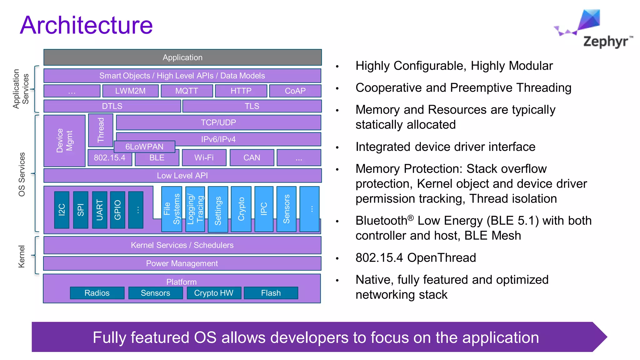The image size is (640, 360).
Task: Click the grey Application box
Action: (182, 57)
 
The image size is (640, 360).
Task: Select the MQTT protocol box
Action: (187, 91)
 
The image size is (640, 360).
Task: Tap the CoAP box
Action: (295, 91)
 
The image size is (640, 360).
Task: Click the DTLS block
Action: (112, 106)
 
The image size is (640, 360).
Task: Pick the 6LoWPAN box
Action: (144, 147)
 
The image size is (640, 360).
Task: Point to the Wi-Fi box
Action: (204, 158)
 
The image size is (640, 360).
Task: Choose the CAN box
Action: (252, 158)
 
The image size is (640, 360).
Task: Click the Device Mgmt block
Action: (64, 141)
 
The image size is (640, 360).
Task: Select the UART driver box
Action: (100, 210)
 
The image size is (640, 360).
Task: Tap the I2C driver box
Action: (62, 210)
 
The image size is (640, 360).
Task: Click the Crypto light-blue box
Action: (241, 209)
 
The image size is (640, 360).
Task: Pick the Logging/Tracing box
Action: (195, 209)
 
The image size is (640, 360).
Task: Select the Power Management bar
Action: (182, 263)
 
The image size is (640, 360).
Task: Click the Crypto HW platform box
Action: (214, 293)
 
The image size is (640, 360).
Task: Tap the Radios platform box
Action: (97, 293)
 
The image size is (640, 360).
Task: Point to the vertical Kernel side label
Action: (21, 256)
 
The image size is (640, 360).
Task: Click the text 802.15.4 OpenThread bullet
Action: (416, 258)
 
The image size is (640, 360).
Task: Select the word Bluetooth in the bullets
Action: (381, 221)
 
